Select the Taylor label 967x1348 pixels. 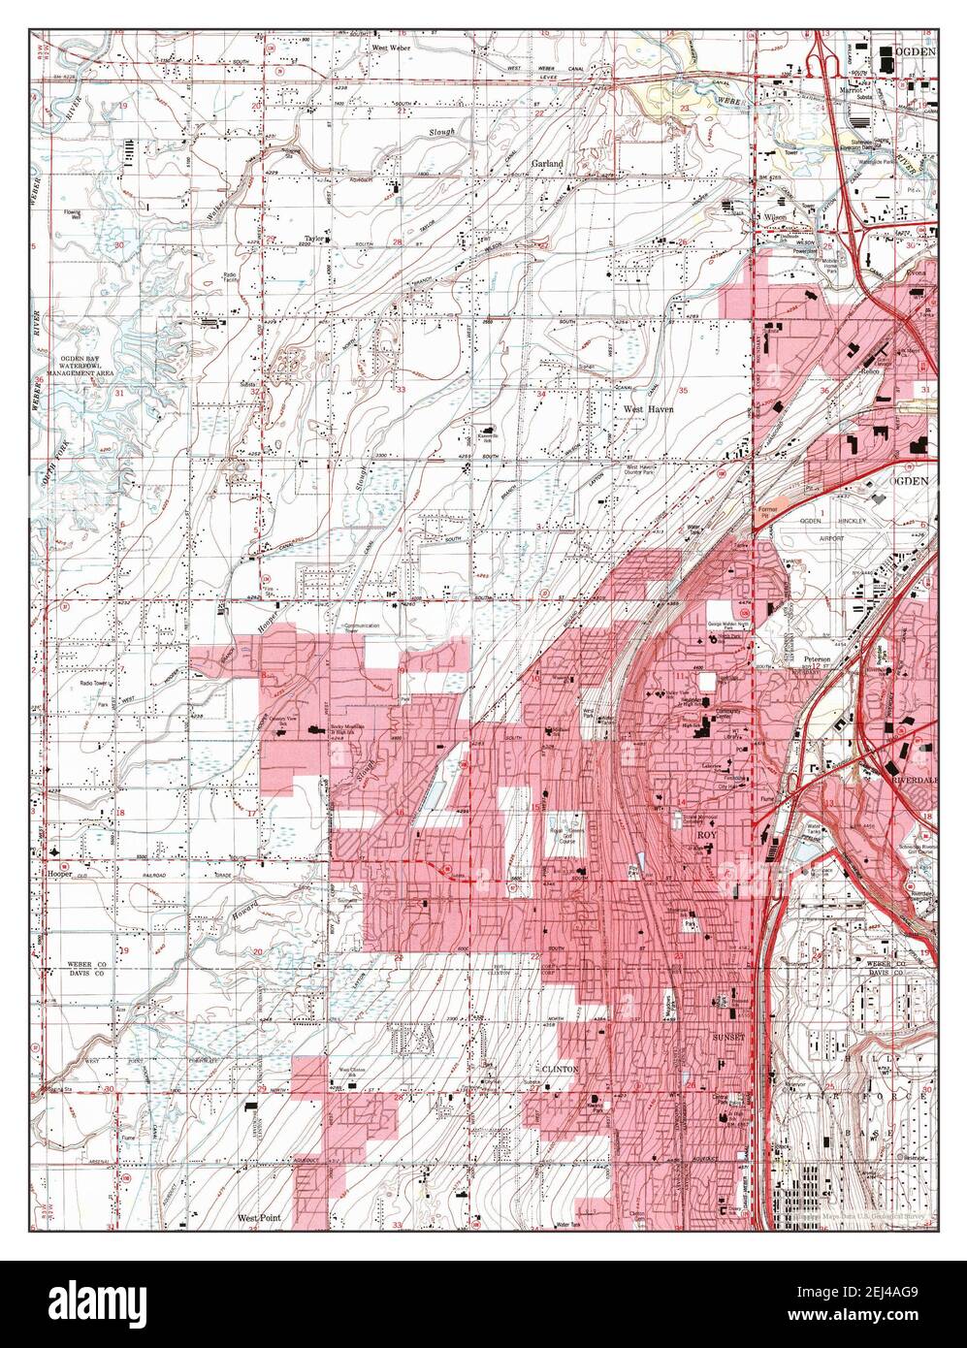[312, 237]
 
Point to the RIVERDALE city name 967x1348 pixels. [911, 778]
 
